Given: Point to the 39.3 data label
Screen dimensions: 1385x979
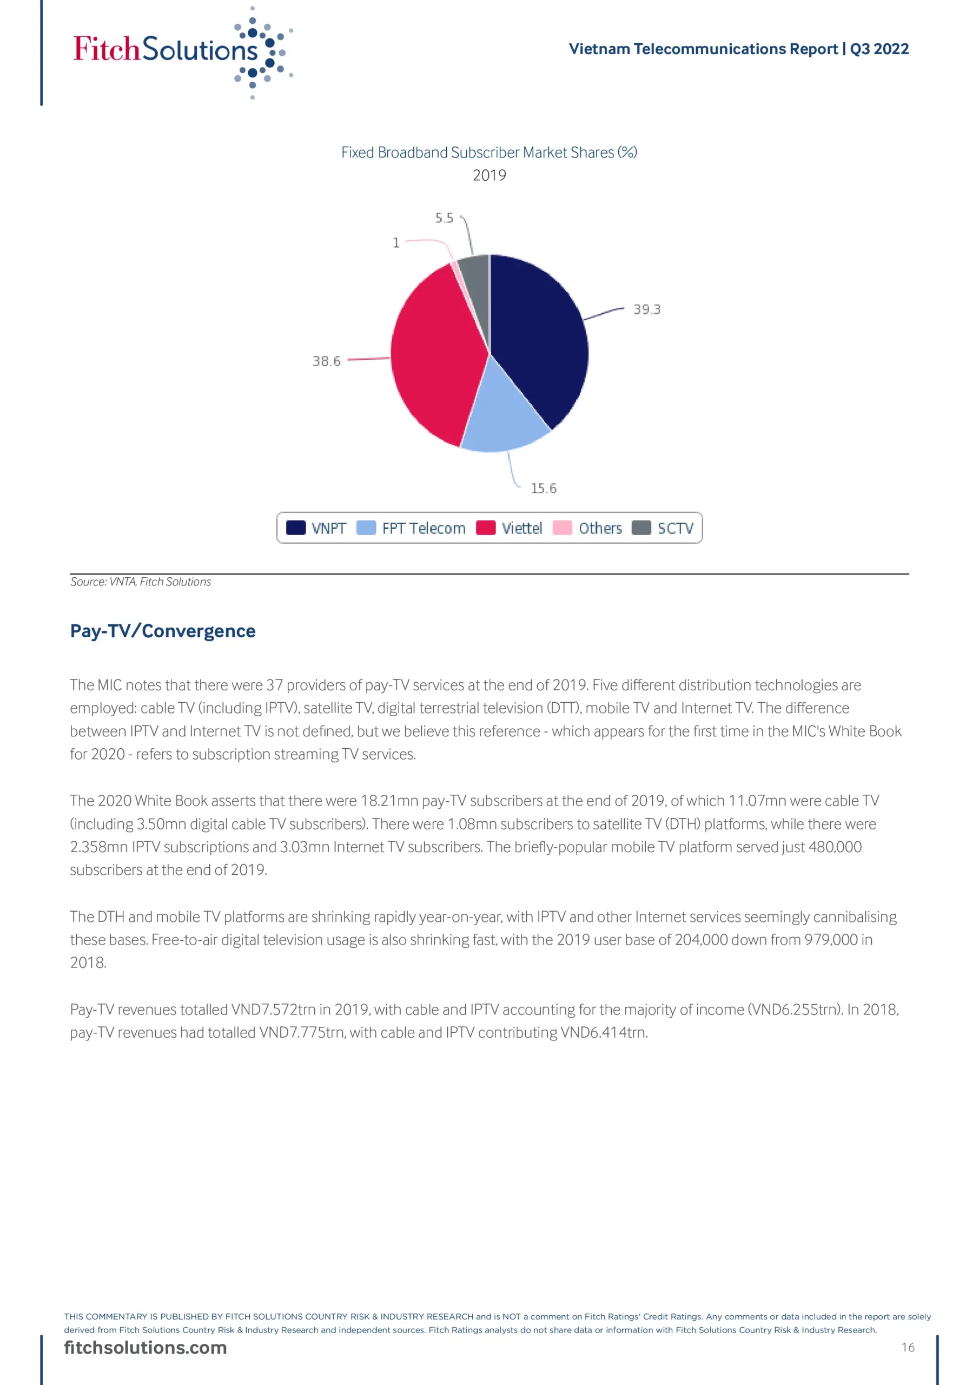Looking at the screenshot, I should tap(647, 309).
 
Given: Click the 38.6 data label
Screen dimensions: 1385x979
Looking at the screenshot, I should tap(326, 361).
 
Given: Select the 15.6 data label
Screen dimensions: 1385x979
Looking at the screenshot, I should tap(544, 489).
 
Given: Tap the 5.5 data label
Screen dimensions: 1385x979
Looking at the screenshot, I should tap(444, 218).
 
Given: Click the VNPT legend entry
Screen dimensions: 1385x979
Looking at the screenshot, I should tap(316, 529).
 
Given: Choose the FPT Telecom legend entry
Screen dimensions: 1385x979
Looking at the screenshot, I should tap(412, 529).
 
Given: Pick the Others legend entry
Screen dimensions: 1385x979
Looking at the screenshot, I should tap(587, 529).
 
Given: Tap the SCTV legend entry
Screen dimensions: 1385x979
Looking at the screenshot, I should tap(663, 529).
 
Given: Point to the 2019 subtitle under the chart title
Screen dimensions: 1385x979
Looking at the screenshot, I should tap(489, 175).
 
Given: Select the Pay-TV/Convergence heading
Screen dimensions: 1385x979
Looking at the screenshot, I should tap(163, 631).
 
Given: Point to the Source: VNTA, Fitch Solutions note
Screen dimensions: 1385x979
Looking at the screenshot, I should tap(141, 582).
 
